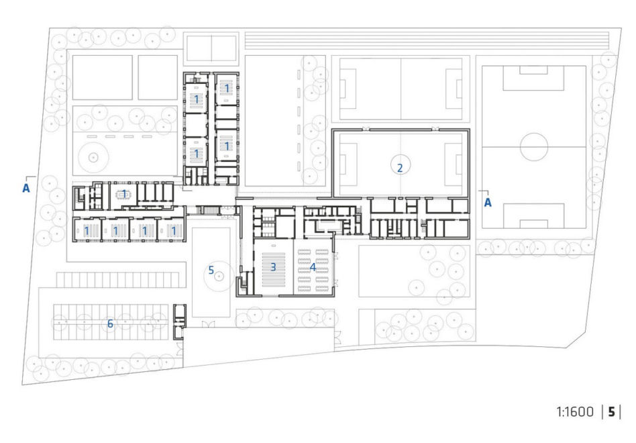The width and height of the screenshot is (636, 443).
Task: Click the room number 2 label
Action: pyautogui.click(x=400, y=168)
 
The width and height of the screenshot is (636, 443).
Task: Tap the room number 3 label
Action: pyautogui.click(x=273, y=267)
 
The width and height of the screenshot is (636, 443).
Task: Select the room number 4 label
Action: pyautogui.click(x=313, y=267)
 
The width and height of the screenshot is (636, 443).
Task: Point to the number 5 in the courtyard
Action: pyautogui.click(x=211, y=270)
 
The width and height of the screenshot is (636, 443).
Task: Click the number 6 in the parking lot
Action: pyautogui.click(x=110, y=324)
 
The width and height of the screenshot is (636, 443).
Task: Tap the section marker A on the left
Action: pyautogui.click(x=26, y=188)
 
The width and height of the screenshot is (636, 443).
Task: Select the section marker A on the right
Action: pyautogui.click(x=488, y=203)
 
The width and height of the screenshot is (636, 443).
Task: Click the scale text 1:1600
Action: pyautogui.click(x=575, y=412)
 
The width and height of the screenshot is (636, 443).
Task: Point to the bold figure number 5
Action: pyautogui.click(x=611, y=412)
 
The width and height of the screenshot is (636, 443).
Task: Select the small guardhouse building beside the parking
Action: pyautogui.click(x=179, y=322)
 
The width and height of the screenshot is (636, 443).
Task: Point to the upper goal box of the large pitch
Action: pyautogui.click(x=533, y=79)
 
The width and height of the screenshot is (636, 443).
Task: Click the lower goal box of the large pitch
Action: pyautogui.click(x=533, y=216)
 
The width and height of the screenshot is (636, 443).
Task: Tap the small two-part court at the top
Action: pyautogui.click(x=211, y=48)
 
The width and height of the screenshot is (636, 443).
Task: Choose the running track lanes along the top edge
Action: pyautogui.click(x=427, y=40)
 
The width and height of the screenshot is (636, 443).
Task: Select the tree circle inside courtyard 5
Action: pyautogui.click(x=219, y=277)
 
